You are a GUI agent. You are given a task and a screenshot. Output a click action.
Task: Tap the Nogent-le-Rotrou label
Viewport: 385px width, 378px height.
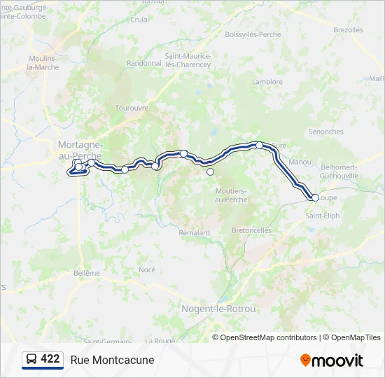pyautogui.click(x=218, y=309)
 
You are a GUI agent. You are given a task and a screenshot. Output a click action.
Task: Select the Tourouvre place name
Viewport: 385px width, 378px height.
pyautogui.click(x=132, y=108)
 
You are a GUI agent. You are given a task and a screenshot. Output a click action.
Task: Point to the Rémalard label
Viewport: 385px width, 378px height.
pyautogui.click(x=194, y=232)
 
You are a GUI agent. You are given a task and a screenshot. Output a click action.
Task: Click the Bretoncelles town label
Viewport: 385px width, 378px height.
pyautogui.click(x=252, y=230)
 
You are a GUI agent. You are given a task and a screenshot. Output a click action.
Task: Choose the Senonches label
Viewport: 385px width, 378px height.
pyautogui.click(x=325, y=132)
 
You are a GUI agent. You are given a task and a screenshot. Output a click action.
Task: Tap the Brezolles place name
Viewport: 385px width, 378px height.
pyautogui.click(x=348, y=30)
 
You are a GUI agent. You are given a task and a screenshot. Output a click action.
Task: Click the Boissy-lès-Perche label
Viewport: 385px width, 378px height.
pyautogui.click(x=253, y=34)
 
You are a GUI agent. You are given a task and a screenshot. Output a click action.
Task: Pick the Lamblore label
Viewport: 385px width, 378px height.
pyautogui.click(x=267, y=82)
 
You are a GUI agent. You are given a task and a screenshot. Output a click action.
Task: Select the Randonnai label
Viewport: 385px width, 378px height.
pyautogui.click(x=144, y=63)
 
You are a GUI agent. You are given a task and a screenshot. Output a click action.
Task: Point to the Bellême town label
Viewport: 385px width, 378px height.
pyautogui.click(x=87, y=273)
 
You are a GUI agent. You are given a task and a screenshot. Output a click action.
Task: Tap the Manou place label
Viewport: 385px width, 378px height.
pyautogui.click(x=300, y=162)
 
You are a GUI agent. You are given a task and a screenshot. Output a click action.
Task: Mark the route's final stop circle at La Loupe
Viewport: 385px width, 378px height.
pyautogui.click(x=315, y=197)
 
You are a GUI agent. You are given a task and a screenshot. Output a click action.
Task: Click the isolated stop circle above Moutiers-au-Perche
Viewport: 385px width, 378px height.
pyautogui.click(x=210, y=171)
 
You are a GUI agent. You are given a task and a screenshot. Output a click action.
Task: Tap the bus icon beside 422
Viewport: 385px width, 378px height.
pyautogui.click(x=31, y=359)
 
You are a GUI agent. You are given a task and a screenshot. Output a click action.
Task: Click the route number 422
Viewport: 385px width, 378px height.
pyautogui.click(x=50, y=359)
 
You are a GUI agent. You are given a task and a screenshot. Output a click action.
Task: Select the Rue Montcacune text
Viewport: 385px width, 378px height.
pyautogui.click(x=112, y=360)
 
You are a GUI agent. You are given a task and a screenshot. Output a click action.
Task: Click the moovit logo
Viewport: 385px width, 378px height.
pyautogui.click(x=332, y=360)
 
